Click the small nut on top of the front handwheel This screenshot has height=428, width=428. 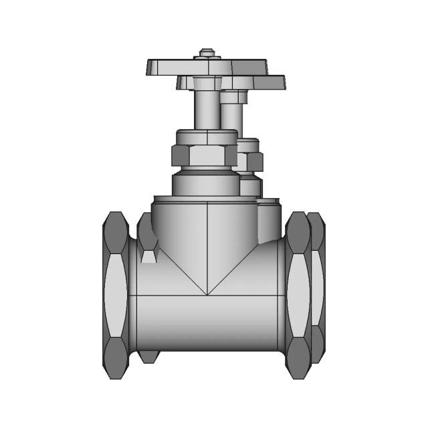click(207, 53)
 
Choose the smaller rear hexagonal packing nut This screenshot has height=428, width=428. click(251, 161)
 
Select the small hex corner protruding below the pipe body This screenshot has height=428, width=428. click(148, 356)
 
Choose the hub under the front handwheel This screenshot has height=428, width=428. click(207, 83)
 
